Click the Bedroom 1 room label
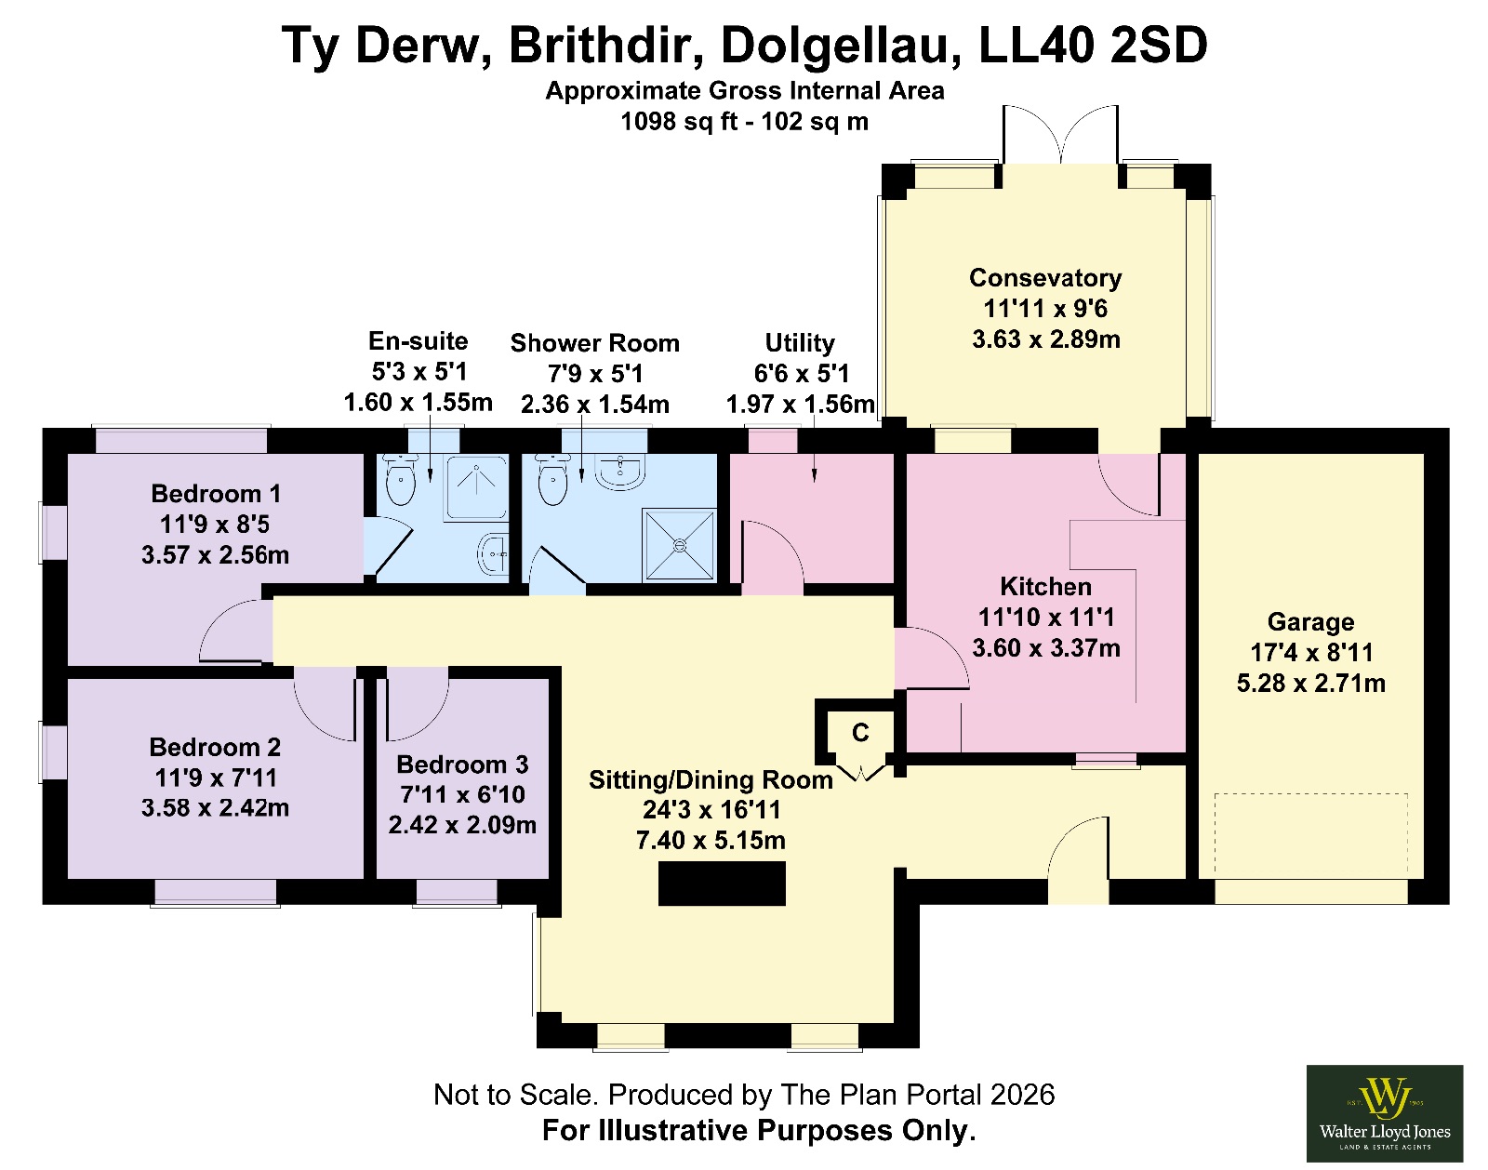tap(216, 494)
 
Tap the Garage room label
tap(1310, 622)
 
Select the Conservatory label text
tap(1045, 277)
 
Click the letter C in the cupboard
tap(860, 732)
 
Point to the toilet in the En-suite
tap(400, 479)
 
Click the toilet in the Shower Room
tap(552, 479)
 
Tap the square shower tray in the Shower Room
tap(680, 545)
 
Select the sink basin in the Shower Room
tap(620, 472)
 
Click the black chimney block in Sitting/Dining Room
tap(722, 883)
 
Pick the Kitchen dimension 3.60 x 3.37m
tap(1045, 648)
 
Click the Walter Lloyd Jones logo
tap(1384, 1113)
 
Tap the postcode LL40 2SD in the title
tap(1093, 46)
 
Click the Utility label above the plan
tap(800, 343)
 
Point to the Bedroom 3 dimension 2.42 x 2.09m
tap(462, 825)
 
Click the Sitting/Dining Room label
tap(711, 780)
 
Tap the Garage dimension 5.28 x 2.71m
tap(1311, 684)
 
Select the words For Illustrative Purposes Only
tap(759, 1131)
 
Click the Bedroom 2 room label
tap(215, 747)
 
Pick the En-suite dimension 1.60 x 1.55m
tap(418, 402)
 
